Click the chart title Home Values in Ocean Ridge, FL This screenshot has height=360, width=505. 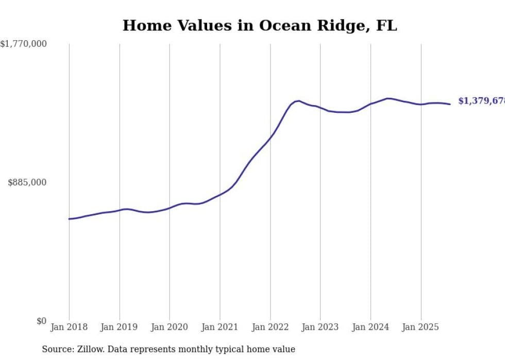[260, 26]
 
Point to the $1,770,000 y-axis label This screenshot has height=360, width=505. [24, 44]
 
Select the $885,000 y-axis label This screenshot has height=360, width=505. [27, 182]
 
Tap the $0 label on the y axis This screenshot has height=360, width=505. [41, 321]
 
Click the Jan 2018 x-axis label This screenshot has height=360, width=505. [69, 327]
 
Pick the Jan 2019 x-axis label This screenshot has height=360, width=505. [120, 327]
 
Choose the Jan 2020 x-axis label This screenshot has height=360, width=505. [170, 327]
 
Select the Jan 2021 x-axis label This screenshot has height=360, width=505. [220, 327]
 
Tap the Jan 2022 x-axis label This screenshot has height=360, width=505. [270, 327]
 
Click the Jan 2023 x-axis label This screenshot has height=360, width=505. [321, 327]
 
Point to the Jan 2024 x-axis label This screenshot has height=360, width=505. [371, 327]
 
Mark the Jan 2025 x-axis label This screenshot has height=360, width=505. [421, 327]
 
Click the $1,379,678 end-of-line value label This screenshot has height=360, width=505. [481, 101]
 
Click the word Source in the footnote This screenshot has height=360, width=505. [56, 350]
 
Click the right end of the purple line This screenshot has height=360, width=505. [450, 104]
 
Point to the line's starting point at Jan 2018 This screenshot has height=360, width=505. [69, 219]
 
